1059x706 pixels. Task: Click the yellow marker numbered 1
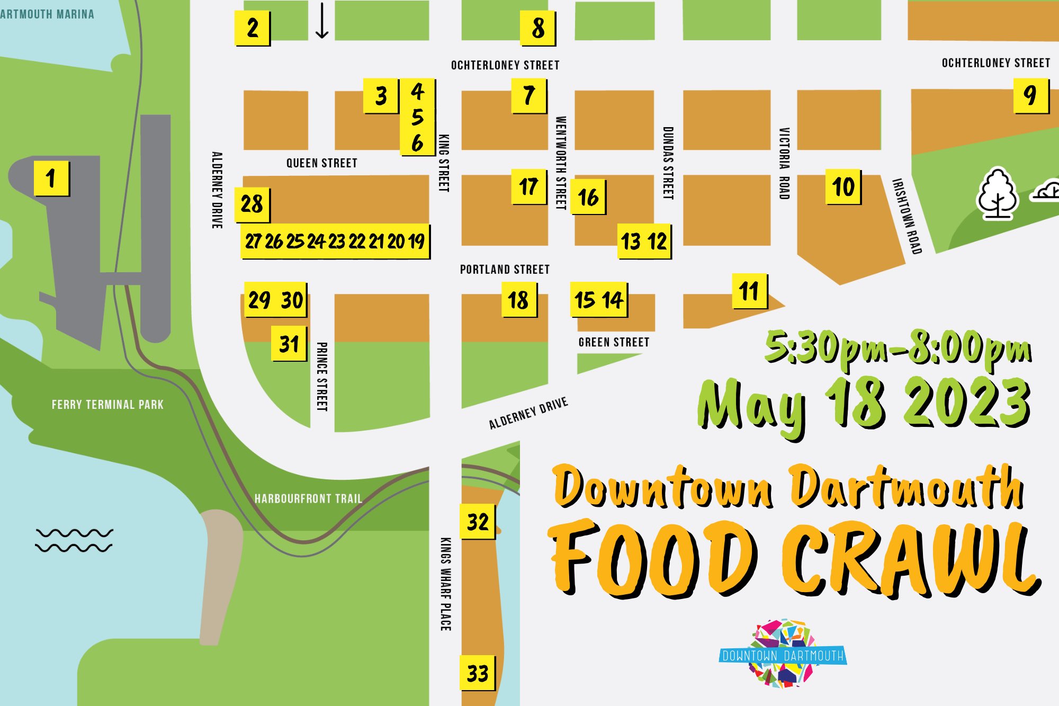point(51,178)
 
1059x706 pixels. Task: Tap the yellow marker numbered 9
point(1030,95)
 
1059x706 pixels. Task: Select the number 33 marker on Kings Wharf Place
point(478,673)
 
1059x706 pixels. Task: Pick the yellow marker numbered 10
point(843,187)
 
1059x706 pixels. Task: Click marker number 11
point(749,291)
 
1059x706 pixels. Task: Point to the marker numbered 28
point(252,204)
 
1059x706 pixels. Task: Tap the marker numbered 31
point(289,344)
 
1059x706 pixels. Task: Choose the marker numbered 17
point(528,186)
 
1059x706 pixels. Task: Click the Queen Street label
point(321,163)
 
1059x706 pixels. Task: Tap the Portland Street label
point(504,270)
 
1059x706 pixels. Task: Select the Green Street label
point(614,342)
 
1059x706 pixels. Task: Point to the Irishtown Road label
point(907,216)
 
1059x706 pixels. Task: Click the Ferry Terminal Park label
point(107,405)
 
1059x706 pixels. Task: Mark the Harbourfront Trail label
point(308,499)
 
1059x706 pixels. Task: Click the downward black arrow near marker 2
point(322,21)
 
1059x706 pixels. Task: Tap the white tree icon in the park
point(997,194)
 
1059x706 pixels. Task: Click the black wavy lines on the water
point(74,540)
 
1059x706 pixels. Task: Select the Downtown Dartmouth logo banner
point(783,656)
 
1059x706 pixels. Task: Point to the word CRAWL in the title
point(911,559)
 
